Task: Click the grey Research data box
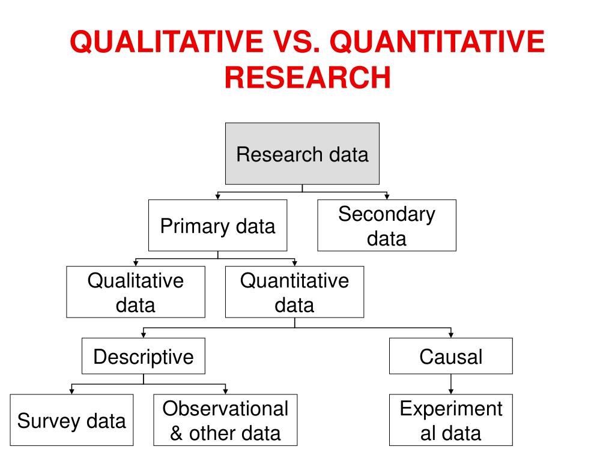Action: pyautogui.click(x=302, y=154)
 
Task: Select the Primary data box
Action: pyautogui.click(x=217, y=226)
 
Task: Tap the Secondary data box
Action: pyautogui.click(x=386, y=226)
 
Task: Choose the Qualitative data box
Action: pyautogui.click(x=135, y=292)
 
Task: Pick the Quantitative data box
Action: pyautogui.click(x=294, y=292)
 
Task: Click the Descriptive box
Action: pyautogui.click(x=144, y=357)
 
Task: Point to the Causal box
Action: pyautogui.click(x=451, y=357)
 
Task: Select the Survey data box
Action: pyautogui.click(x=71, y=420)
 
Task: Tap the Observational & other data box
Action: pyautogui.click(x=225, y=420)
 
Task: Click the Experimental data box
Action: pyautogui.click(x=451, y=420)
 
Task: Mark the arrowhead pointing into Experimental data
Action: pyautogui.click(x=451, y=391)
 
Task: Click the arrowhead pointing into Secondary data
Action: pyautogui.click(x=387, y=196)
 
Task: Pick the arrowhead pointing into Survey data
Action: pyautogui.click(x=71, y=391)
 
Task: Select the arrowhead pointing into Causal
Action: pyautogui.click(x=451, y=335)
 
